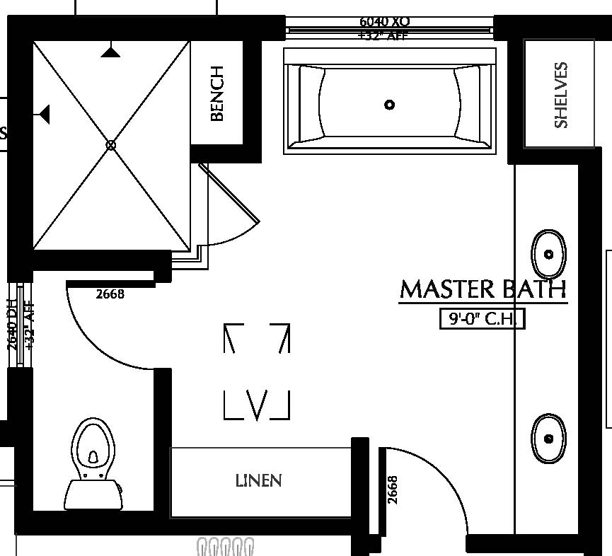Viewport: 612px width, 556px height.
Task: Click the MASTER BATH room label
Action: (x=483, y=289)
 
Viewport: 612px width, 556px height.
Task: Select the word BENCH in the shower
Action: (x=217, y=93)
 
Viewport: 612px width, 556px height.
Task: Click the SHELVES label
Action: (x=561, y=95)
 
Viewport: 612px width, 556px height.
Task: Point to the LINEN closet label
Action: (x=259, y=481)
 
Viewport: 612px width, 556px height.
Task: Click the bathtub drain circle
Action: (x=389, y=105)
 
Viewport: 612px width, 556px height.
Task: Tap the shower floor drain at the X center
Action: (x=110, y=144)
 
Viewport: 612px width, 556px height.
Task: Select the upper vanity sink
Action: (x=548, y=254)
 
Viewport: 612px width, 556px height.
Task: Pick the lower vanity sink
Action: (x=548, y=438)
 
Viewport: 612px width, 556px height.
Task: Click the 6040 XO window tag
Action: (x=383, y=23)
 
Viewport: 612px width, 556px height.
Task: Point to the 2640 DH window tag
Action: (x=12, y=325)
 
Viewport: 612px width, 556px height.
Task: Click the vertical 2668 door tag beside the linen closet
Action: (x=393, y=490)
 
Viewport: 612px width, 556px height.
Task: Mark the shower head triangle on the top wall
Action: (x=109, y=52)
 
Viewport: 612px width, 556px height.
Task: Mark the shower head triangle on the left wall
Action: (x=45, y=112)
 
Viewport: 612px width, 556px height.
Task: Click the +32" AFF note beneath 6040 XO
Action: (x=383, y=35)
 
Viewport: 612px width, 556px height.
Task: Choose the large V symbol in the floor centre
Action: (x=257, y=403)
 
